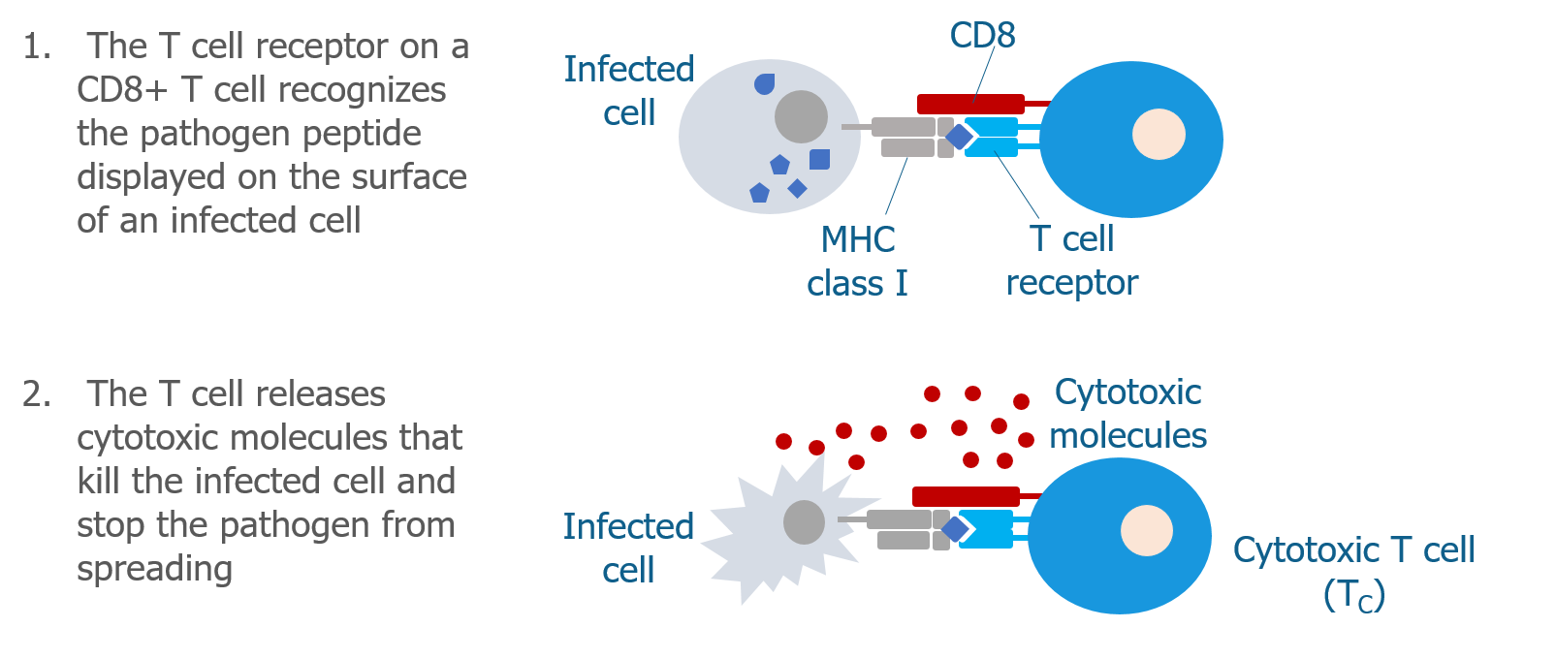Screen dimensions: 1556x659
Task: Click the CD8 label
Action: (x=982, y=35)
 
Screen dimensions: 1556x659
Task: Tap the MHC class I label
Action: (x=857, y=261)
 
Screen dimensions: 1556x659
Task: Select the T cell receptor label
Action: (x=1072, y=261)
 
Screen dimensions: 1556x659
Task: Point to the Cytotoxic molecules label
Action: (x=1127, y=414)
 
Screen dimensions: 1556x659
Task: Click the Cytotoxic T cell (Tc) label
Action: (x=1353, y=572)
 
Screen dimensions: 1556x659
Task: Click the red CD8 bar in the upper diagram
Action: (x=970, y=104)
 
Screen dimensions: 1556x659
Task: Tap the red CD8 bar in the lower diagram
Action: (x=966, y=496)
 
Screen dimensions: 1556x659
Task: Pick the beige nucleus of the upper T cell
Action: (x=1159, y=134)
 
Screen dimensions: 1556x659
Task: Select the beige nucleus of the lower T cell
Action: (x=1147, y=530)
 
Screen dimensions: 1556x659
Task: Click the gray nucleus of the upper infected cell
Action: (x=801, y=116)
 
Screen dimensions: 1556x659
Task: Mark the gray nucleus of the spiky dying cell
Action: (x=804, y=522)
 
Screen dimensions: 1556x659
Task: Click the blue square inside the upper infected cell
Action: (x=819, y=160)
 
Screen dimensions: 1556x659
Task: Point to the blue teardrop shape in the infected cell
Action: (x=764, y=84)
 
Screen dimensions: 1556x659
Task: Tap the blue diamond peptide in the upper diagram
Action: (x=959, y=137)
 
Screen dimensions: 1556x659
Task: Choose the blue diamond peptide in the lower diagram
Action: (x=954, y=529)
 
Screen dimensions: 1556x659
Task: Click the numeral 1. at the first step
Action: (x=37, y=47)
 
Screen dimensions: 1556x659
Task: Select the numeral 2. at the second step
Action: (x=37, y=394)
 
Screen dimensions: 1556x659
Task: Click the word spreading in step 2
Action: (x=154, y=571)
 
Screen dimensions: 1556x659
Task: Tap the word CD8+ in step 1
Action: (x=122, y=90)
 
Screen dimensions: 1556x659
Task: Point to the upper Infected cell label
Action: (x=628, y=91)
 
